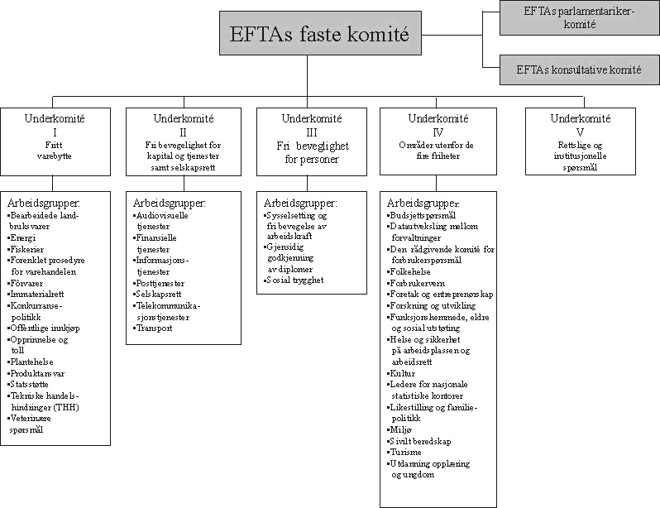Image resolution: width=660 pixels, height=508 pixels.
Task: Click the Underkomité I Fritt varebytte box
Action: pyautogui.click(x=55, y=141)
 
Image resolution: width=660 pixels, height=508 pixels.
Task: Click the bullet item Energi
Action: pyautogui.click(x=23, y=237)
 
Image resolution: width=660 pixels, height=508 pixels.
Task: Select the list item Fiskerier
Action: pyautogui.click(x=27, y=249)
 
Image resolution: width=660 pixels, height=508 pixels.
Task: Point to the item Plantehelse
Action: pyautogui.click(x=32, y=362)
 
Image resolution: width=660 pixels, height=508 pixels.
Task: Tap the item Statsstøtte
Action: pyautogui.click(x=31, y=385)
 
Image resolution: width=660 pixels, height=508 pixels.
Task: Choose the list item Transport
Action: pyautogui.click(x=155, y=328)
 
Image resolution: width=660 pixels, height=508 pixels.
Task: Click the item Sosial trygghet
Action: pyautogui.click(x=294, y=280)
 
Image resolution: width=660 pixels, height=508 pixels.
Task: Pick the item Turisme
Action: pyautogui.click(x=406, y=453)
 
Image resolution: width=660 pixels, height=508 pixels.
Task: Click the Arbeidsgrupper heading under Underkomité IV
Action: pyautogui.click(x=424, y=203)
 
